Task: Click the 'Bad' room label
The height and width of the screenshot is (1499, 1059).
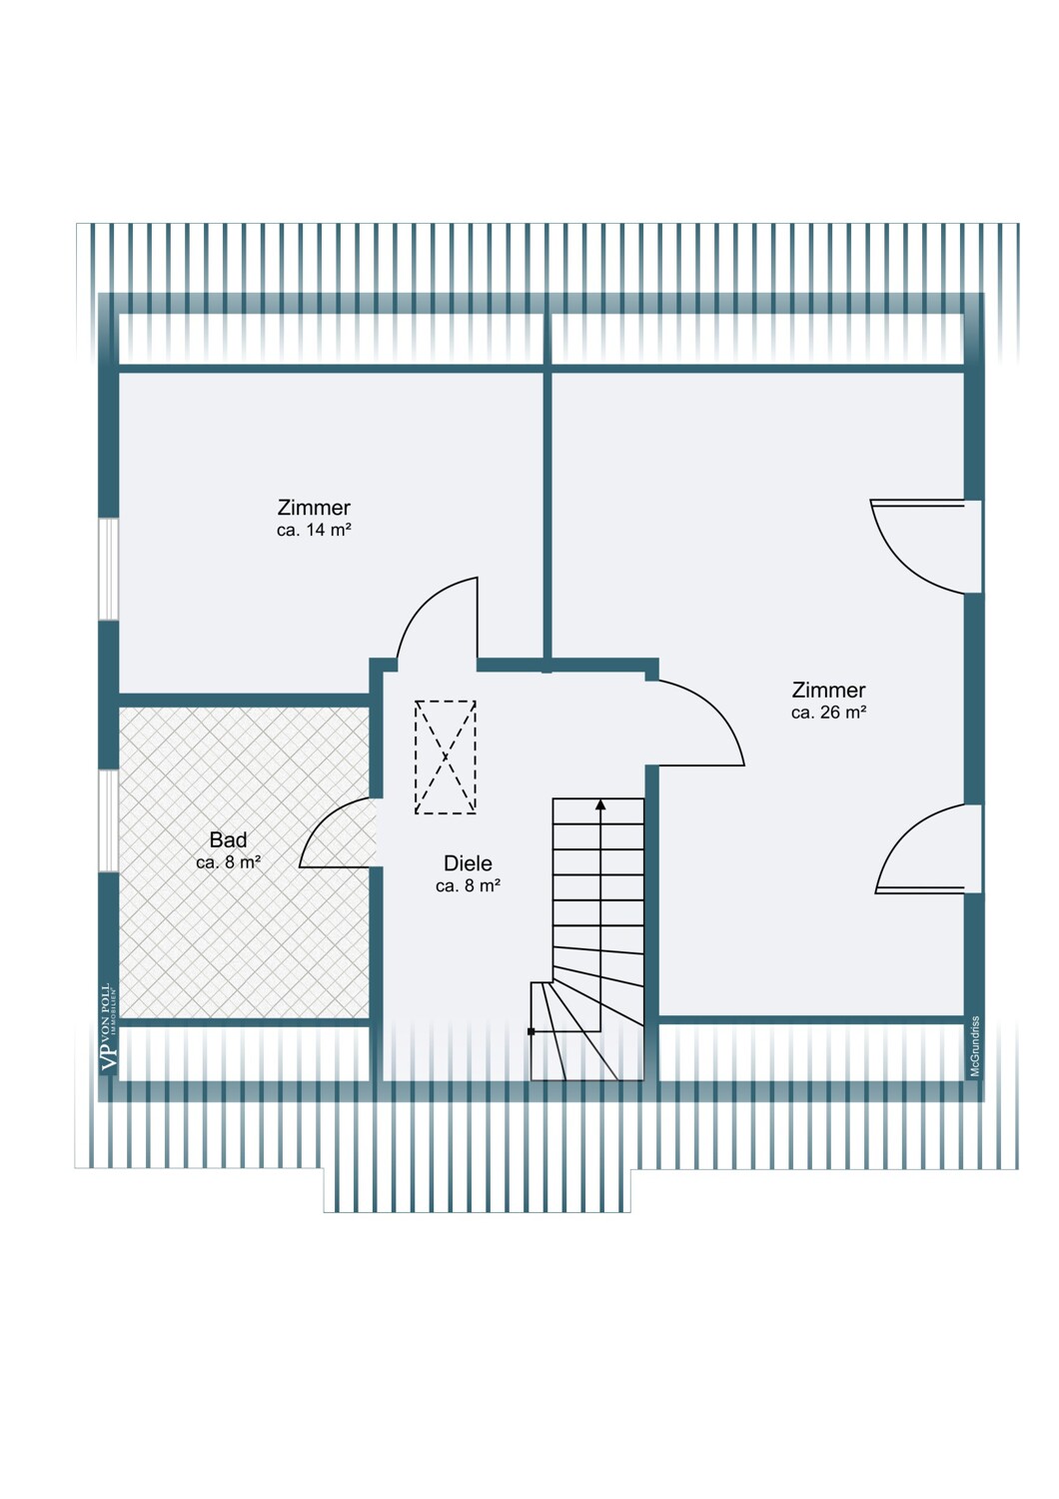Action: click(228, 840)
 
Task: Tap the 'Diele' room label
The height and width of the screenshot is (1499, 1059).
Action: click(468, 863)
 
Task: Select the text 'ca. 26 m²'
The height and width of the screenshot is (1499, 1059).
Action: click(828, 713)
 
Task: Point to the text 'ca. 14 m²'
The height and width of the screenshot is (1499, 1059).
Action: click(314, 531)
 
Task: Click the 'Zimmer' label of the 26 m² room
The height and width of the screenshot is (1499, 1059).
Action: click(828, 690)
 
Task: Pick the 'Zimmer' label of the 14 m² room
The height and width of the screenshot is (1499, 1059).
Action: click(314, 508)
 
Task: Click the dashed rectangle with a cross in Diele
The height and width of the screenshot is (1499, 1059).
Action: click(446, 757)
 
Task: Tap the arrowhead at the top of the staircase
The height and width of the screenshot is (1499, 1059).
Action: click(600, 803)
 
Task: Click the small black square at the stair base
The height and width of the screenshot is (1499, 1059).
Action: click(531, 1031)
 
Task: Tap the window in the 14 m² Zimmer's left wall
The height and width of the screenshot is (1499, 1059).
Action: click(108, 569)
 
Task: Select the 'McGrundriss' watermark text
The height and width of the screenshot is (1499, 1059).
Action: click(975, 1046)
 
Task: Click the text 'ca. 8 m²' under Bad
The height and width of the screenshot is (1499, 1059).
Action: click(228, 862)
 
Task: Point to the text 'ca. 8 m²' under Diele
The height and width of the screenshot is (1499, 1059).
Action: click(468, 886)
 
